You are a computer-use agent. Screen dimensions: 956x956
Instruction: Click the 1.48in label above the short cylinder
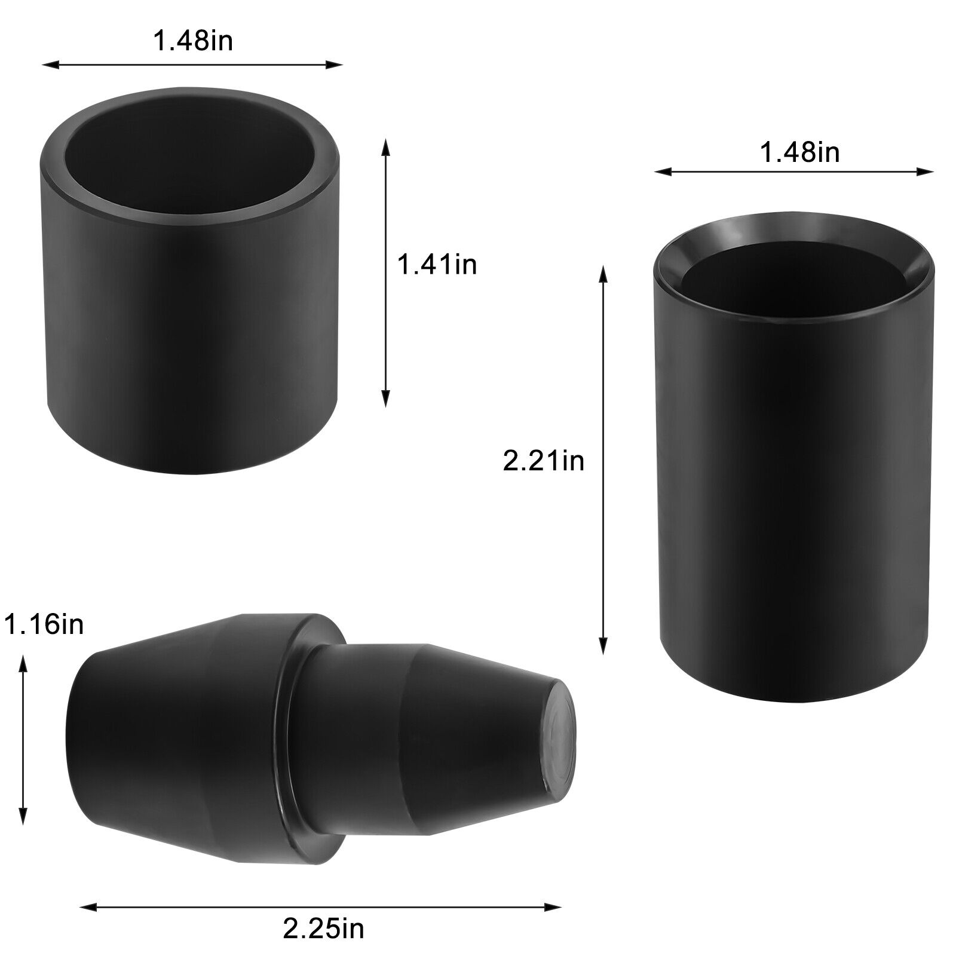click(x=192, y=42)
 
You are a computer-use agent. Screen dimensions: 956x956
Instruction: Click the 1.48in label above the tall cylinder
click(x=799, y=153)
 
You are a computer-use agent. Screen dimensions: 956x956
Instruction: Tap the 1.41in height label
click(x=437, y=264)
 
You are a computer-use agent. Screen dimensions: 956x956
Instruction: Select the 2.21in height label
click(x=543, y=462)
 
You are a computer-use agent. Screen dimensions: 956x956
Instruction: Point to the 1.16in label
click(x=43, y=625)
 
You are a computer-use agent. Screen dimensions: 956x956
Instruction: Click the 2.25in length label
click(x=323, y=929)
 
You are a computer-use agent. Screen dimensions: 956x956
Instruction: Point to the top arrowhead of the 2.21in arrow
click(x=602, y=273)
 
